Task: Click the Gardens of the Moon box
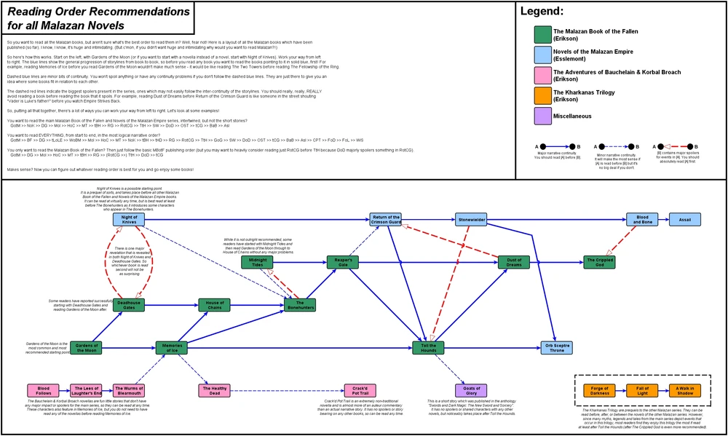[86, 348]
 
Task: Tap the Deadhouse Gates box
[129, 305]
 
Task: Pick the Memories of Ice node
[171, 348]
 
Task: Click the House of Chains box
[215, 305]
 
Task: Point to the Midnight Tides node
[257, 262]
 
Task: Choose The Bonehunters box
[300, 305]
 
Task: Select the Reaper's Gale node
[343, 262]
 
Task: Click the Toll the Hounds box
[428, 348]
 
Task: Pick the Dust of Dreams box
[514, 262]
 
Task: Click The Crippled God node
[599, 262]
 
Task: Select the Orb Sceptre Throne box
[557, 348]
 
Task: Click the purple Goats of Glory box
[471, 391]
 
